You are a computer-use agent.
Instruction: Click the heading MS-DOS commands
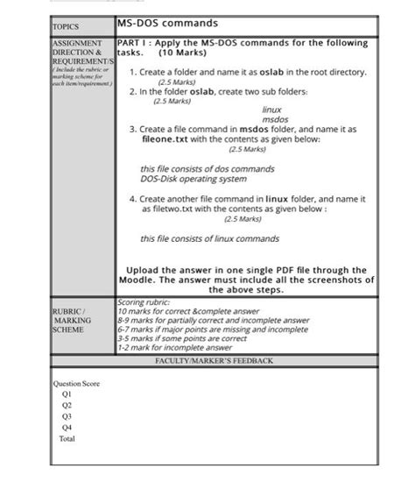pos(167,24)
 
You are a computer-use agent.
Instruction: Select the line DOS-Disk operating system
pos(193,179)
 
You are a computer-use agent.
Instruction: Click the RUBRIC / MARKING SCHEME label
pos(72,320)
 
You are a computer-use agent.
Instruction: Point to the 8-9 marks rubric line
pos(213,321)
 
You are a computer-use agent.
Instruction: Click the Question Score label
pos(77,384)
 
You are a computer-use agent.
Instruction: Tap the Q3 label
pos(67,416)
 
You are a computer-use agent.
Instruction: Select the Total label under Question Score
pos(67,437)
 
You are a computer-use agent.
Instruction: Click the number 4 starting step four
pos(131,199)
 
